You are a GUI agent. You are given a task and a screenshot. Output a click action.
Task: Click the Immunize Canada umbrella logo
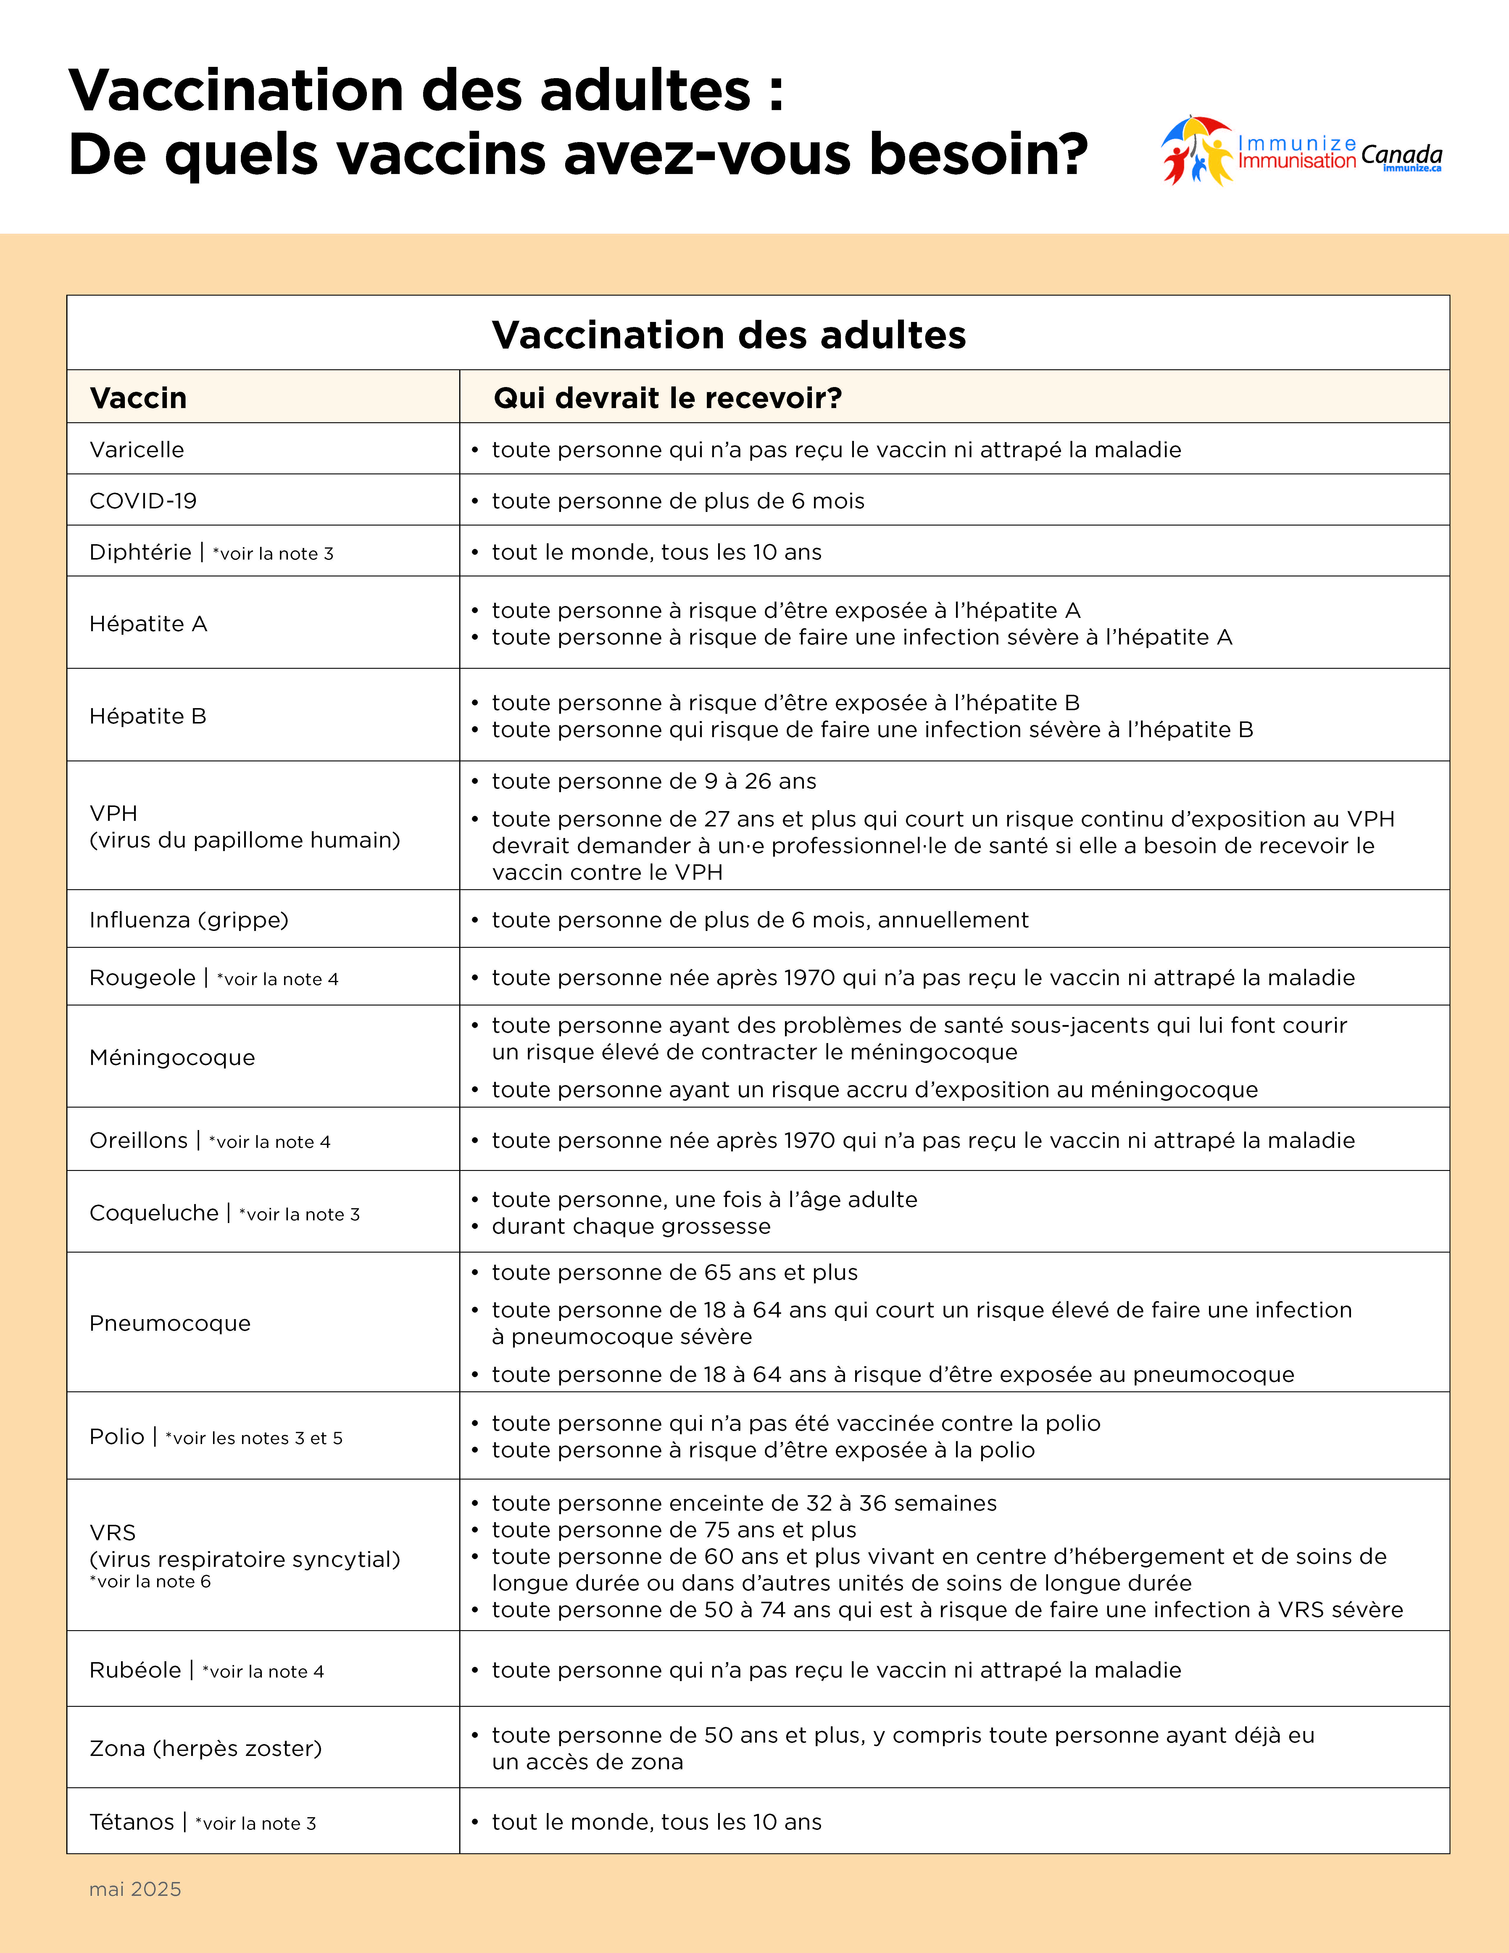click(1196, 150)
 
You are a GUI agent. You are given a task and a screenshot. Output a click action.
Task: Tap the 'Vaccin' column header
click(138, 398)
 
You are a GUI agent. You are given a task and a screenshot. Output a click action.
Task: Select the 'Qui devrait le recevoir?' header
click(668, 398)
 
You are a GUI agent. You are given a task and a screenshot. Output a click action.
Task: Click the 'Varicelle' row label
click(137, 450)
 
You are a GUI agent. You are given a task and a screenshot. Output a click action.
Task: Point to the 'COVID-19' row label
click(143, 501)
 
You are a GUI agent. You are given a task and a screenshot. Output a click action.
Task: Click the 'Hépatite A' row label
click(149, 624)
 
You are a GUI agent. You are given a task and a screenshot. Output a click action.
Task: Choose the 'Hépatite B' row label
click(149, 716)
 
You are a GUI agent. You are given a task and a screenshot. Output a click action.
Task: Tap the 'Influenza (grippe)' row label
click(189, 920)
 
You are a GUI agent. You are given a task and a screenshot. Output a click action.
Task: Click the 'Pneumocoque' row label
click(170, 1324)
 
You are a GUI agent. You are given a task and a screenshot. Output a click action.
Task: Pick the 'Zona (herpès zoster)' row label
click(206, 1748)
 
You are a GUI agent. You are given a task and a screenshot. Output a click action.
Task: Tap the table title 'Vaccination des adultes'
click(728, 335)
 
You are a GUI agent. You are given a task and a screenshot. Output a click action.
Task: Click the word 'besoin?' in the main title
click(979, 154)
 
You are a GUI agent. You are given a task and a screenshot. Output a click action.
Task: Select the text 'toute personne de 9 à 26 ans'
click(654, 781)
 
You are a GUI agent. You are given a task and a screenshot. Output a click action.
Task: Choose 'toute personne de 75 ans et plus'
click(674, 1530)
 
